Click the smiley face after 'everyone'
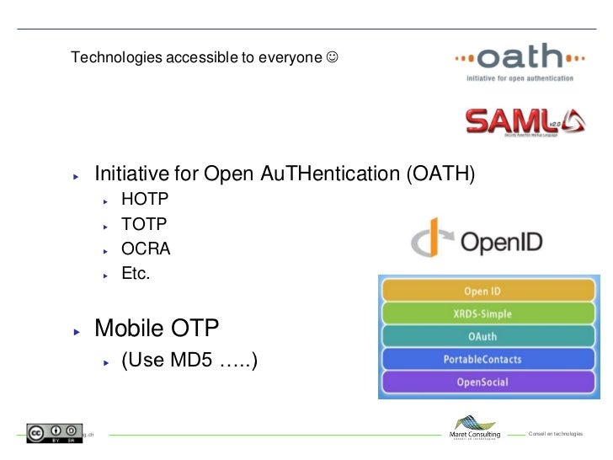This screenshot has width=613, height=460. click(333, 58)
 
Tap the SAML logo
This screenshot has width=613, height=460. click(524, 120)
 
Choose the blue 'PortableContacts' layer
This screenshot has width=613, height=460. click(482, 360)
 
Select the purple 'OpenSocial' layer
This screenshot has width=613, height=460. click(482, 382)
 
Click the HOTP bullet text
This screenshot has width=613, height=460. click(145, 201)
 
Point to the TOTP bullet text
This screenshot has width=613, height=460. click(145, 225)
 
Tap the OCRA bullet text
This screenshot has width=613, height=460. click(146, 249)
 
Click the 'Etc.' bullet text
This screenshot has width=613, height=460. click(136, 274)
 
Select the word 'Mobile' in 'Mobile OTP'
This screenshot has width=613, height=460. click(128, 327)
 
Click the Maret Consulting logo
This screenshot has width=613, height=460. click(476, 427)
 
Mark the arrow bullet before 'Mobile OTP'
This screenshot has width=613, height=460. click(77, 331)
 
